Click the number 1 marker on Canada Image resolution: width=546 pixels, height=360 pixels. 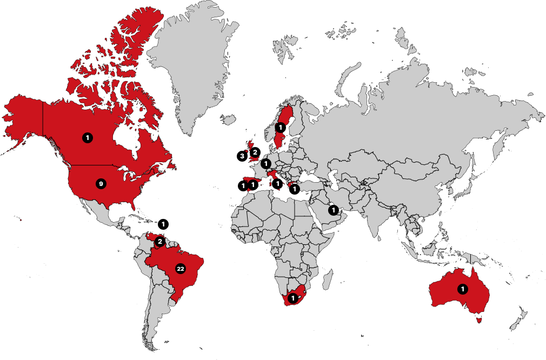point(87,138)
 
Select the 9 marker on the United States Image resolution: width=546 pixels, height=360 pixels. point(100,184)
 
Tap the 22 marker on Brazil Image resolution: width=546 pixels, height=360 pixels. point(181,269)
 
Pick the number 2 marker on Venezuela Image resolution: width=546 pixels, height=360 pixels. point(159,241)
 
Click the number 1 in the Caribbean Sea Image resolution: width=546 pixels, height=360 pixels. point(163,224)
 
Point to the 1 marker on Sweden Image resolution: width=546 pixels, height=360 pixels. point(281,128)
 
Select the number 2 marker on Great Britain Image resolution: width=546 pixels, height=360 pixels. point(255,152)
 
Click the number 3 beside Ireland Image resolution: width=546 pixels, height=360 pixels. point(243,156)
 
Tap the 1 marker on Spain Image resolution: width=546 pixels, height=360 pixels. point(252,185)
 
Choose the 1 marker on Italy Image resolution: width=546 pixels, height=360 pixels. point(278,184)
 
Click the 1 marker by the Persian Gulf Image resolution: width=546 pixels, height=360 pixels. point(334,210)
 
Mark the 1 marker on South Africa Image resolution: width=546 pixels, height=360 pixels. point(293,298)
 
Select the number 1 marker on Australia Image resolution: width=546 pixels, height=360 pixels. point(462,289)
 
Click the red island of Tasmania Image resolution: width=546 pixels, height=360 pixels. point(477,319)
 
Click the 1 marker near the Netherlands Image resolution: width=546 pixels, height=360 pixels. point(265,163)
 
